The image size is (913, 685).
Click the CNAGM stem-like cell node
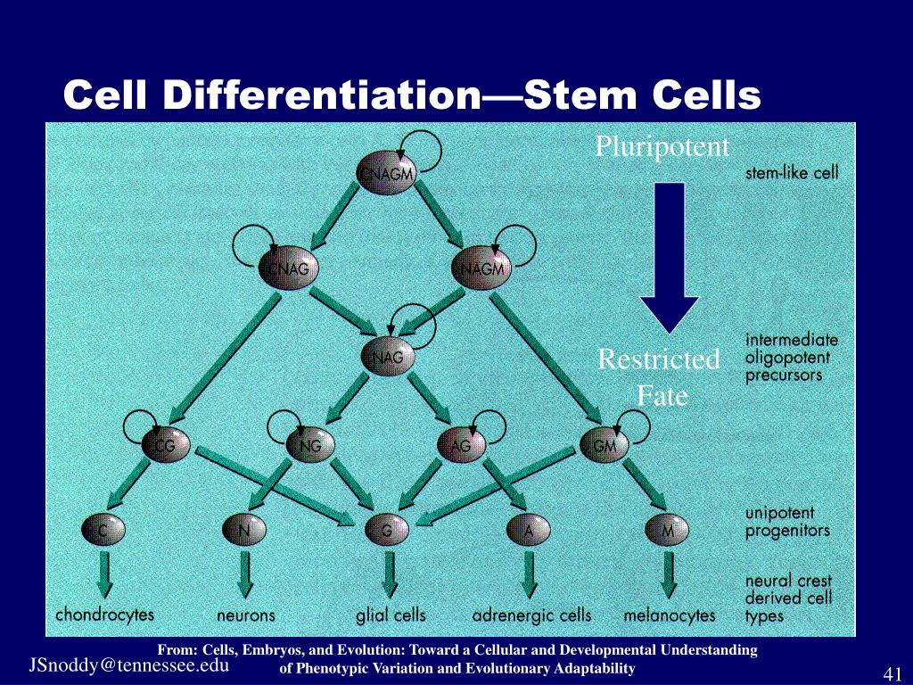(x=385, y=174)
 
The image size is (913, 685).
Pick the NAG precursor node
(x=388, y=358)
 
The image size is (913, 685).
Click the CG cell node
(x=166, y=445)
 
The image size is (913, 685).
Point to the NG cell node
(x=310, y=445)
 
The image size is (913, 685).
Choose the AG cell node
(x=460, y=445)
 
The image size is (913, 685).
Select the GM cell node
(x=605, y=445)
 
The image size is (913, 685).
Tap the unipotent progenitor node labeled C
(x=103, y=532)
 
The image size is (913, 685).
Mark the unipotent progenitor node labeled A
(x=529, y=532)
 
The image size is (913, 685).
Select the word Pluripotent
(x=662, y=146)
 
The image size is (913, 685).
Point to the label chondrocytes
(x=104, y=615)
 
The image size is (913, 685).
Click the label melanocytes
(x=670, y=615)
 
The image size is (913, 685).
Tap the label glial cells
(x=391, y=615)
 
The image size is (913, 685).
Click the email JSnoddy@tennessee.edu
(x=128, y=665)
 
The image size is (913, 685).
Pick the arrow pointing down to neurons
(x=244, y=574)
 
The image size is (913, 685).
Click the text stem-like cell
(x=792, y=173)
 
